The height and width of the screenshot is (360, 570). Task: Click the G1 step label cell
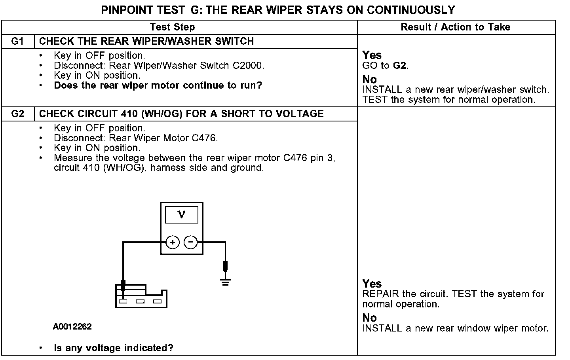(18, 41)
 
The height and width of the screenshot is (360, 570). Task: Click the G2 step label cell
(18, 114)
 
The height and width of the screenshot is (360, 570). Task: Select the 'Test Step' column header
(172, 27)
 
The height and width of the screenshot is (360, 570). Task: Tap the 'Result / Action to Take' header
(456, 27)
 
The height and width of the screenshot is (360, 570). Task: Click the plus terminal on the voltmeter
(173, 242)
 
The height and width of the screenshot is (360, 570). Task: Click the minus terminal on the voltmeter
(191, 242)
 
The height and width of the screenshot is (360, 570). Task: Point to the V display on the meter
(182, 214)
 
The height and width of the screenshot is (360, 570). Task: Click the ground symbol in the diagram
(226, 282)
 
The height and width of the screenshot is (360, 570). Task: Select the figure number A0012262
(72, 327)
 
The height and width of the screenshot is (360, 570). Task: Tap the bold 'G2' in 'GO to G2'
(400, 66)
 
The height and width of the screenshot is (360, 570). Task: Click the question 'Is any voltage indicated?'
(114, 348)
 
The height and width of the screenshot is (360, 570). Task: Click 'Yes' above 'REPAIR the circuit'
(372, 284)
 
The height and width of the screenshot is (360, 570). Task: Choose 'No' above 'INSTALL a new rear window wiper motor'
(370, 318)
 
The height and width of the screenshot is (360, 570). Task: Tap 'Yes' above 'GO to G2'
(372, 55)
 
